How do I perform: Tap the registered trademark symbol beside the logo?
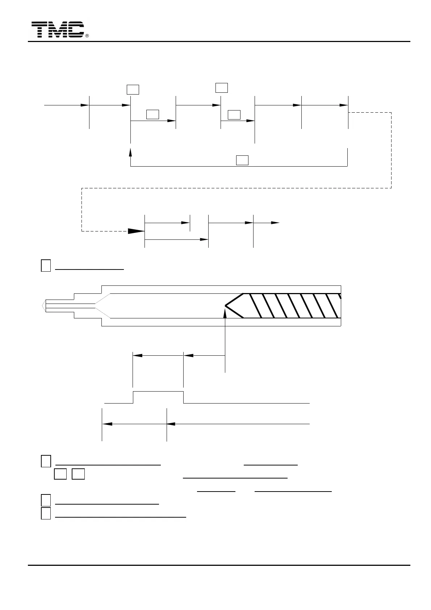coord(87,36)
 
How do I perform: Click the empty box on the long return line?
coord(242,160)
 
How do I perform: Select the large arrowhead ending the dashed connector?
coord(137,231)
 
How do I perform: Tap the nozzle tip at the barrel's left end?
coord(44,306)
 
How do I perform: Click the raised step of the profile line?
coord(158,392)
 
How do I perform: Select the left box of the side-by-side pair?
coord(60,474)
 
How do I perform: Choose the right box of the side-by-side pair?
coord(78,474)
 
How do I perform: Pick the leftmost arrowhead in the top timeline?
coord(84,105)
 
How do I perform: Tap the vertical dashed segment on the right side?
coord(391,150)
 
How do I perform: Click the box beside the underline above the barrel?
coord(46,266)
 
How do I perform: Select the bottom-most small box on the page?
coord(46,514)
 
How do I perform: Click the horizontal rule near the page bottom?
coord(219,565)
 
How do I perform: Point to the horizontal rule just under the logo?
coord(219,42)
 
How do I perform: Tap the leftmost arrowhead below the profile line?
coord(106,423)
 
